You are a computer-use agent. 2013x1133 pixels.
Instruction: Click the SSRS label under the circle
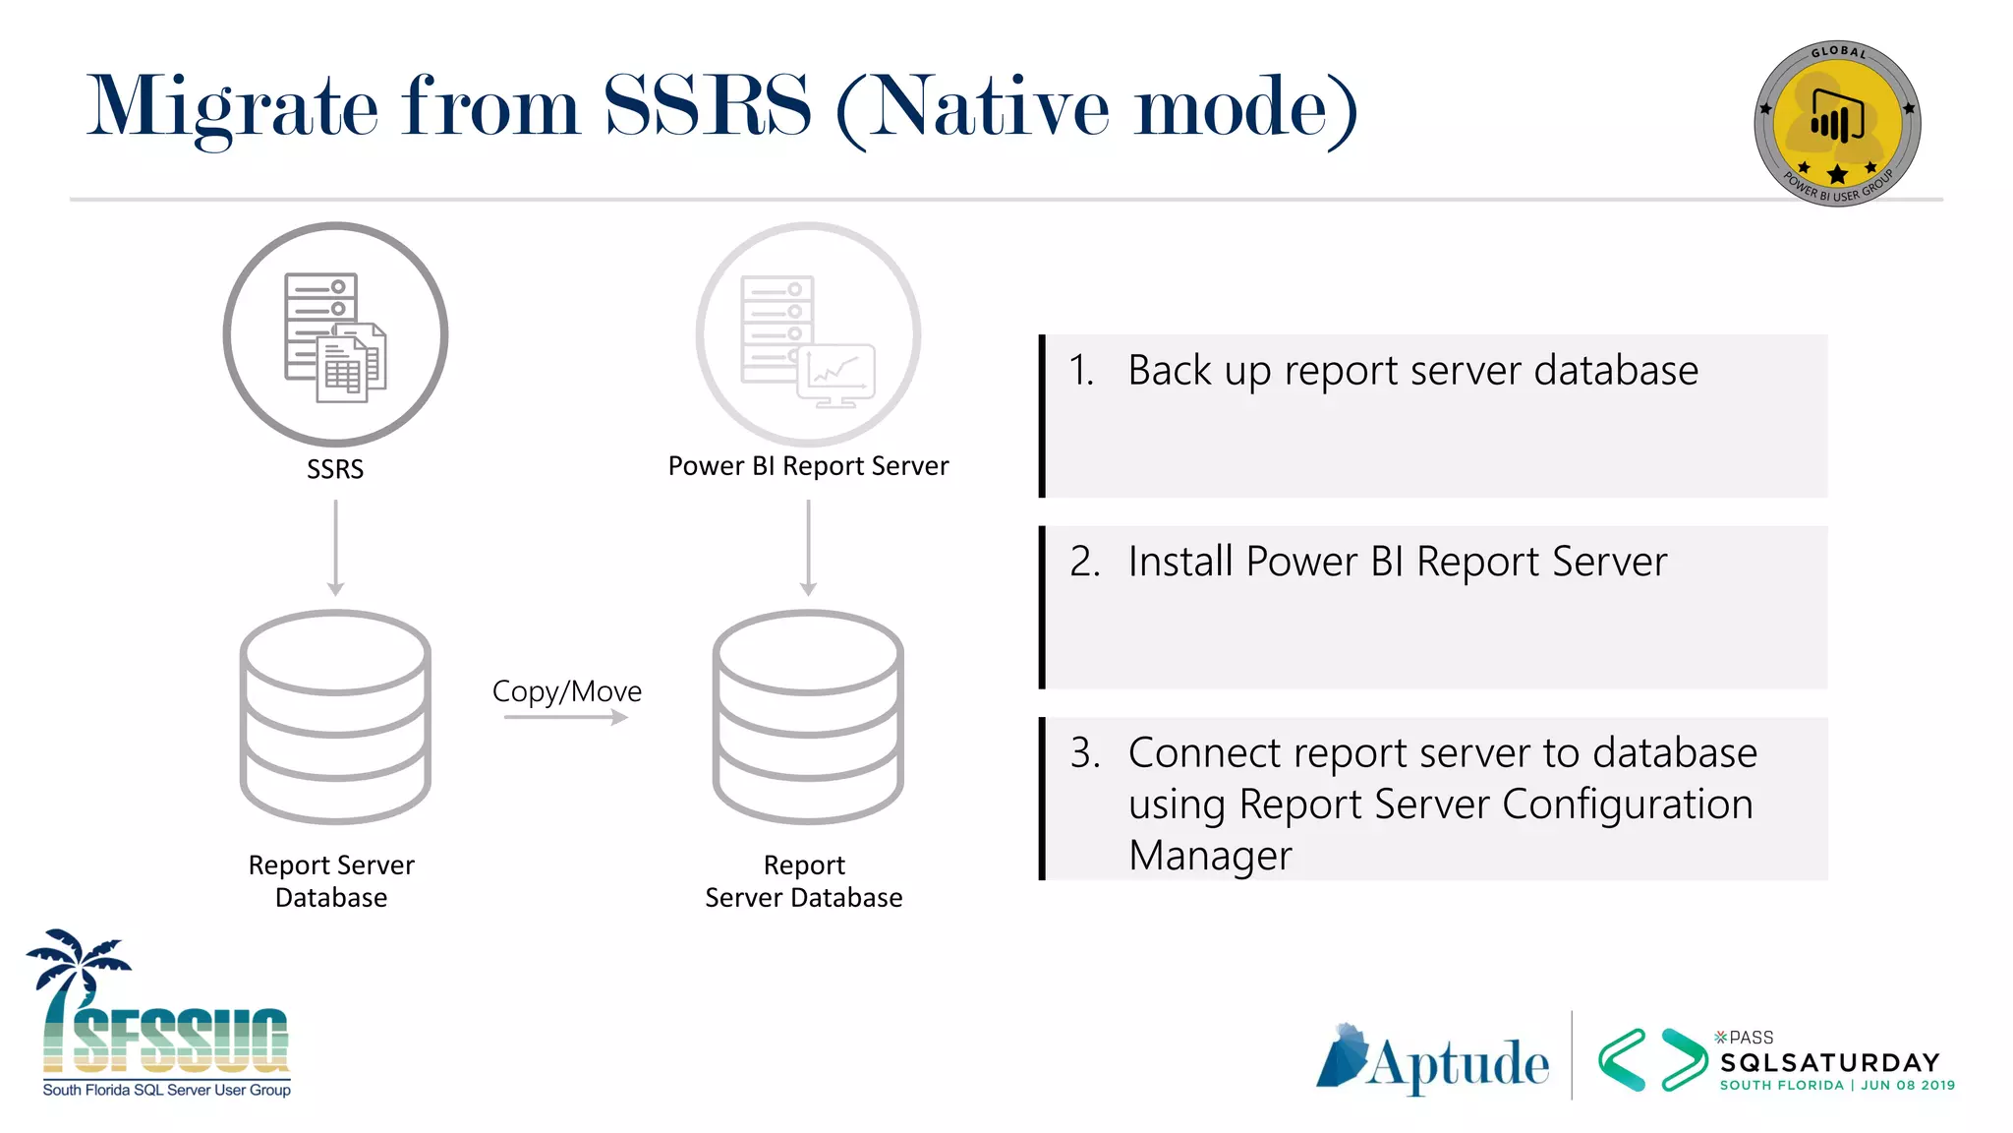tap(335, 469)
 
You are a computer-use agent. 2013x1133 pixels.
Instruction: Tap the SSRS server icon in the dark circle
tap(335, 335)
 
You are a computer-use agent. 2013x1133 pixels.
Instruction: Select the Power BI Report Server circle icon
tap(808, 335)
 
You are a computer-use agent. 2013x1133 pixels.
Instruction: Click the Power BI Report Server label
tap(808, 466)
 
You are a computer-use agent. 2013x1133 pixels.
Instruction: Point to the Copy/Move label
tap(566, 691)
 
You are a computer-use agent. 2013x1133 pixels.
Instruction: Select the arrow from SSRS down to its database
tap(335, 547)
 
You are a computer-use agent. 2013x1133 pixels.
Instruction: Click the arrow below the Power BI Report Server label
tap(808, 547)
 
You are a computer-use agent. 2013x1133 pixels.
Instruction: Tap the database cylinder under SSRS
tap(335, 716)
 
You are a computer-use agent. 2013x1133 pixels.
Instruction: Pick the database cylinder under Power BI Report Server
tap(808, 716)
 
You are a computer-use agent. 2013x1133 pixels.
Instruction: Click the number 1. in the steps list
tap(1081, 371)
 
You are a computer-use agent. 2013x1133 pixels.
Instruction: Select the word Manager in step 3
tap(1209, 855)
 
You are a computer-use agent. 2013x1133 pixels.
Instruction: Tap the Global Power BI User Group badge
tap(1837, 124)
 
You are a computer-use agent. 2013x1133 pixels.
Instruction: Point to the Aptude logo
tap(1433, 1060)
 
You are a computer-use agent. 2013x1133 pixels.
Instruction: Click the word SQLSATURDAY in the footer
tap(1829, 1063)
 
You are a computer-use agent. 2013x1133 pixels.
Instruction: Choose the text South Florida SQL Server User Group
tap(166, 1090)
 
